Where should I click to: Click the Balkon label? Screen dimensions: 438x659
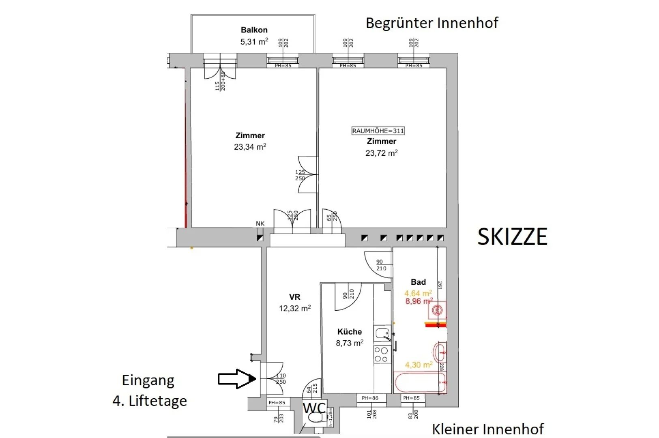tap(254, 30)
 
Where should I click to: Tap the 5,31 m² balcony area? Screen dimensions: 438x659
tap(254, 41)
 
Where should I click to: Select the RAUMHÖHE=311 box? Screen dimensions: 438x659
tap(378, 131)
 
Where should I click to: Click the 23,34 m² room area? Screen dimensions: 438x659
tap(250, 147)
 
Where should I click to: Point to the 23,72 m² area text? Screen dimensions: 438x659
tap(381, 153)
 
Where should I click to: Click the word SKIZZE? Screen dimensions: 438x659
tap(512, 236)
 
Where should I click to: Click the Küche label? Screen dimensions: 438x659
tap(349, 331)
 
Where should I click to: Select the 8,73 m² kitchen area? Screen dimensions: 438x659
tap(349, 343)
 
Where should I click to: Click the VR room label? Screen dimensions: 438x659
tap(295, 297)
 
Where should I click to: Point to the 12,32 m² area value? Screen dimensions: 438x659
tap(295, 308)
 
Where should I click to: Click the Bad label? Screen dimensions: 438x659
tap(418, 282)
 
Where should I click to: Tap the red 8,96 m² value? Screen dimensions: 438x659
tap(419, 301)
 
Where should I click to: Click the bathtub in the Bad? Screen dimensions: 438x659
tap(420, 383)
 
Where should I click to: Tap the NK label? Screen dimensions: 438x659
tap(260, 223)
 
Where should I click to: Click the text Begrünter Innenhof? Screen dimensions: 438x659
tap(431, 23)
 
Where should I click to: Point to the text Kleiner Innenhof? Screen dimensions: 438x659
tap(487, 429)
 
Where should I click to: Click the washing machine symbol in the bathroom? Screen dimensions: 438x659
tap(437, 311)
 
